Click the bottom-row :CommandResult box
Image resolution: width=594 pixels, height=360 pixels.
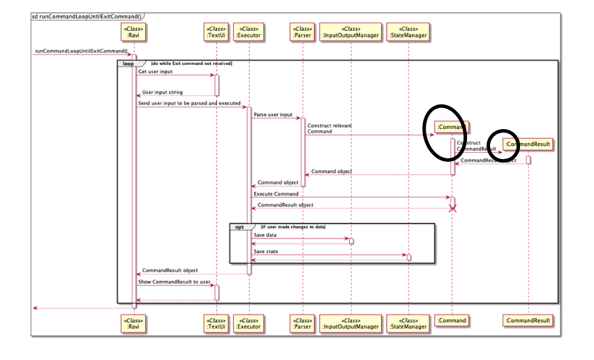tap(528, 320)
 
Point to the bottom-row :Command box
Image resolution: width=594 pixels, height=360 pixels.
tap(452, 320)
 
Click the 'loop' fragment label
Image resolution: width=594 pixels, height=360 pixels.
tap(128, 63)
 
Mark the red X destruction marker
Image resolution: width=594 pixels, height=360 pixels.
tap(452, 208)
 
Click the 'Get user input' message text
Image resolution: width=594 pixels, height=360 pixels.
tap(155, 72)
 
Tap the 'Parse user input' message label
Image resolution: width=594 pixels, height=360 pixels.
tap(273, 114)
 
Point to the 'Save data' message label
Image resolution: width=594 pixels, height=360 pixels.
tap(265, 235)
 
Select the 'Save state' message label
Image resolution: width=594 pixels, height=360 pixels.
tap(266, 251)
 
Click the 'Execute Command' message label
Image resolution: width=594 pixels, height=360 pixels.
tap(276, 194)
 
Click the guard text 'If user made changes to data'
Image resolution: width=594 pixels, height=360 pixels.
tap(293, 227)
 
